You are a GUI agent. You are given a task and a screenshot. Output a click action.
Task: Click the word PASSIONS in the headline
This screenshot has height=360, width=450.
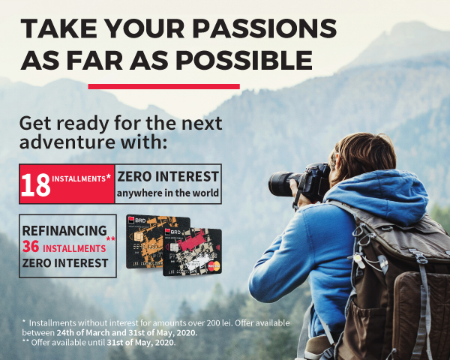(264, 28)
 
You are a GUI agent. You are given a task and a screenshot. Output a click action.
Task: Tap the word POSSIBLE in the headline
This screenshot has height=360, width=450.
(244, 60)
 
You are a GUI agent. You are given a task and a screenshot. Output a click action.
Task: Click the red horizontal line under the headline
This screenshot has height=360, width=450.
(163, 86)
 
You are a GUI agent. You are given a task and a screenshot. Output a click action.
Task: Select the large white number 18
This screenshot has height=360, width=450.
(35, 185)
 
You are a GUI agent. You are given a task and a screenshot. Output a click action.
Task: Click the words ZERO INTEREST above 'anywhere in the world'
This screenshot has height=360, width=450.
(168, 176)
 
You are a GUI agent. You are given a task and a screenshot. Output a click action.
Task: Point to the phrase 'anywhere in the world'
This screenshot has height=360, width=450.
(168, 193)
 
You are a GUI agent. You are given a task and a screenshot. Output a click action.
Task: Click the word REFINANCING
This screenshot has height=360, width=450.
(64, 230)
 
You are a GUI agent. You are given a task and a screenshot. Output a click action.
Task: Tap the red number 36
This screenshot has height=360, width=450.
(31, 247)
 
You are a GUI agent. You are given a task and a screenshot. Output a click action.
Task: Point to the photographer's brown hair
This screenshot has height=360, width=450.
(364, 155)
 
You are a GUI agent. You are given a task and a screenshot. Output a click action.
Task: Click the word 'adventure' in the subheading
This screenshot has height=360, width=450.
(67, 142)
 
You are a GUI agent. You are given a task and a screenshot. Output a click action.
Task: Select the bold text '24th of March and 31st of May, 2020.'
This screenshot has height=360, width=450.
(127, 333)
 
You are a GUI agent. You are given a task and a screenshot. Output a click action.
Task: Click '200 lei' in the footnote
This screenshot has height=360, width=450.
(220, 323)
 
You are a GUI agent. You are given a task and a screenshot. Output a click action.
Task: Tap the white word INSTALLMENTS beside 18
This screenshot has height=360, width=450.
(79, 178)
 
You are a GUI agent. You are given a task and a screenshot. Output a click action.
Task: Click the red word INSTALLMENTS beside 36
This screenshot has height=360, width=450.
(74, 248)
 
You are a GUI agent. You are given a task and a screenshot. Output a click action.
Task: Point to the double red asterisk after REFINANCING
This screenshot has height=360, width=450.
(110, 238)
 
